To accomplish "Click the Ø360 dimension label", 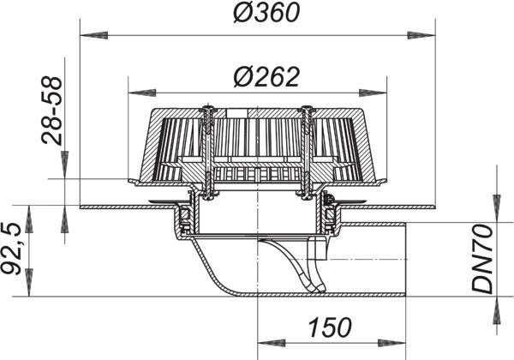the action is click(x=266, y=13).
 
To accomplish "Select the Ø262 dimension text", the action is click(x=266, y=77).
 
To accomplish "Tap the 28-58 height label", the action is click(x=51, y=111).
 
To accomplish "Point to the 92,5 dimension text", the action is click(x=12, y=249).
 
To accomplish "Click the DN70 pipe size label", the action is click(x=482, y=259).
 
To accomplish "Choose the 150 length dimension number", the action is click(x=330, y=327).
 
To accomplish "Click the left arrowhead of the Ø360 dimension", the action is click(x=94, y=35).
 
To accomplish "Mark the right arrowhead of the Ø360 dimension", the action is click(x=421, y=35).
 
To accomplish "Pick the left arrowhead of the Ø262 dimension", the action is click(x=142, y=93).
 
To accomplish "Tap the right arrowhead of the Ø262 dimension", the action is click(x=373, y=93).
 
